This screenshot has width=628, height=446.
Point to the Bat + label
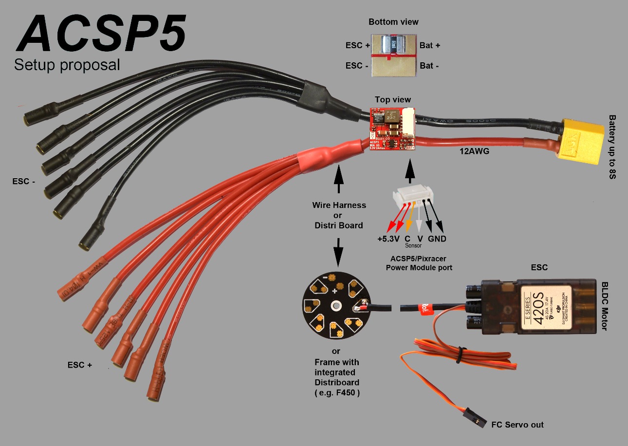pos(430,45)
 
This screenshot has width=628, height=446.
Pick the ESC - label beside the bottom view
pos(357,66)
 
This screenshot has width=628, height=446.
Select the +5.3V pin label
pos(388,239)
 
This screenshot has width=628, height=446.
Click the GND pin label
pos(437,239)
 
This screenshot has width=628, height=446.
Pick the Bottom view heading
pos(393,22)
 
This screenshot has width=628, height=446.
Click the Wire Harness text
pos(339,205)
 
